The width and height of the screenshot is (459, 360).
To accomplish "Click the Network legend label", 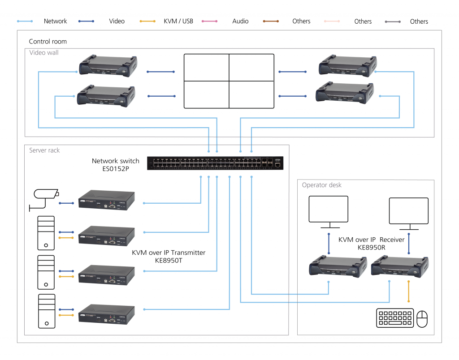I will coord(55,21).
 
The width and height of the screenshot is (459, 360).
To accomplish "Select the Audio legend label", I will coord(240,21).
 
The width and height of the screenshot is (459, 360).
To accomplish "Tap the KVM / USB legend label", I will coord(178,21).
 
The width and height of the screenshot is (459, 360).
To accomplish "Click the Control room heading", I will coord(48,42).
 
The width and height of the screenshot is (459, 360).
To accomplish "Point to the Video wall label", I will coord(44,53).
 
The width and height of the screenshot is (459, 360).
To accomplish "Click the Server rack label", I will coord(44,150).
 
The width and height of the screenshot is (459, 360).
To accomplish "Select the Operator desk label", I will coord(321,185).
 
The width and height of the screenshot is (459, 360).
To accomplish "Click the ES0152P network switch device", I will coord(215,164).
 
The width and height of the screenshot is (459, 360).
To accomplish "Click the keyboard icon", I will coord(395,318).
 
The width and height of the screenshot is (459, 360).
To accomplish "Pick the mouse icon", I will coord(422,319).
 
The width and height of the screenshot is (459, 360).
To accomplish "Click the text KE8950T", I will coord(169,260).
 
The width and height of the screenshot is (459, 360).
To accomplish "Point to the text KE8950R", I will coord(371,247).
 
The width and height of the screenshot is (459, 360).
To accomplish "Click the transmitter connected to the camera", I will coord(107,200).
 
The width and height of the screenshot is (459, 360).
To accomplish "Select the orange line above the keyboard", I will coord(408,291).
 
